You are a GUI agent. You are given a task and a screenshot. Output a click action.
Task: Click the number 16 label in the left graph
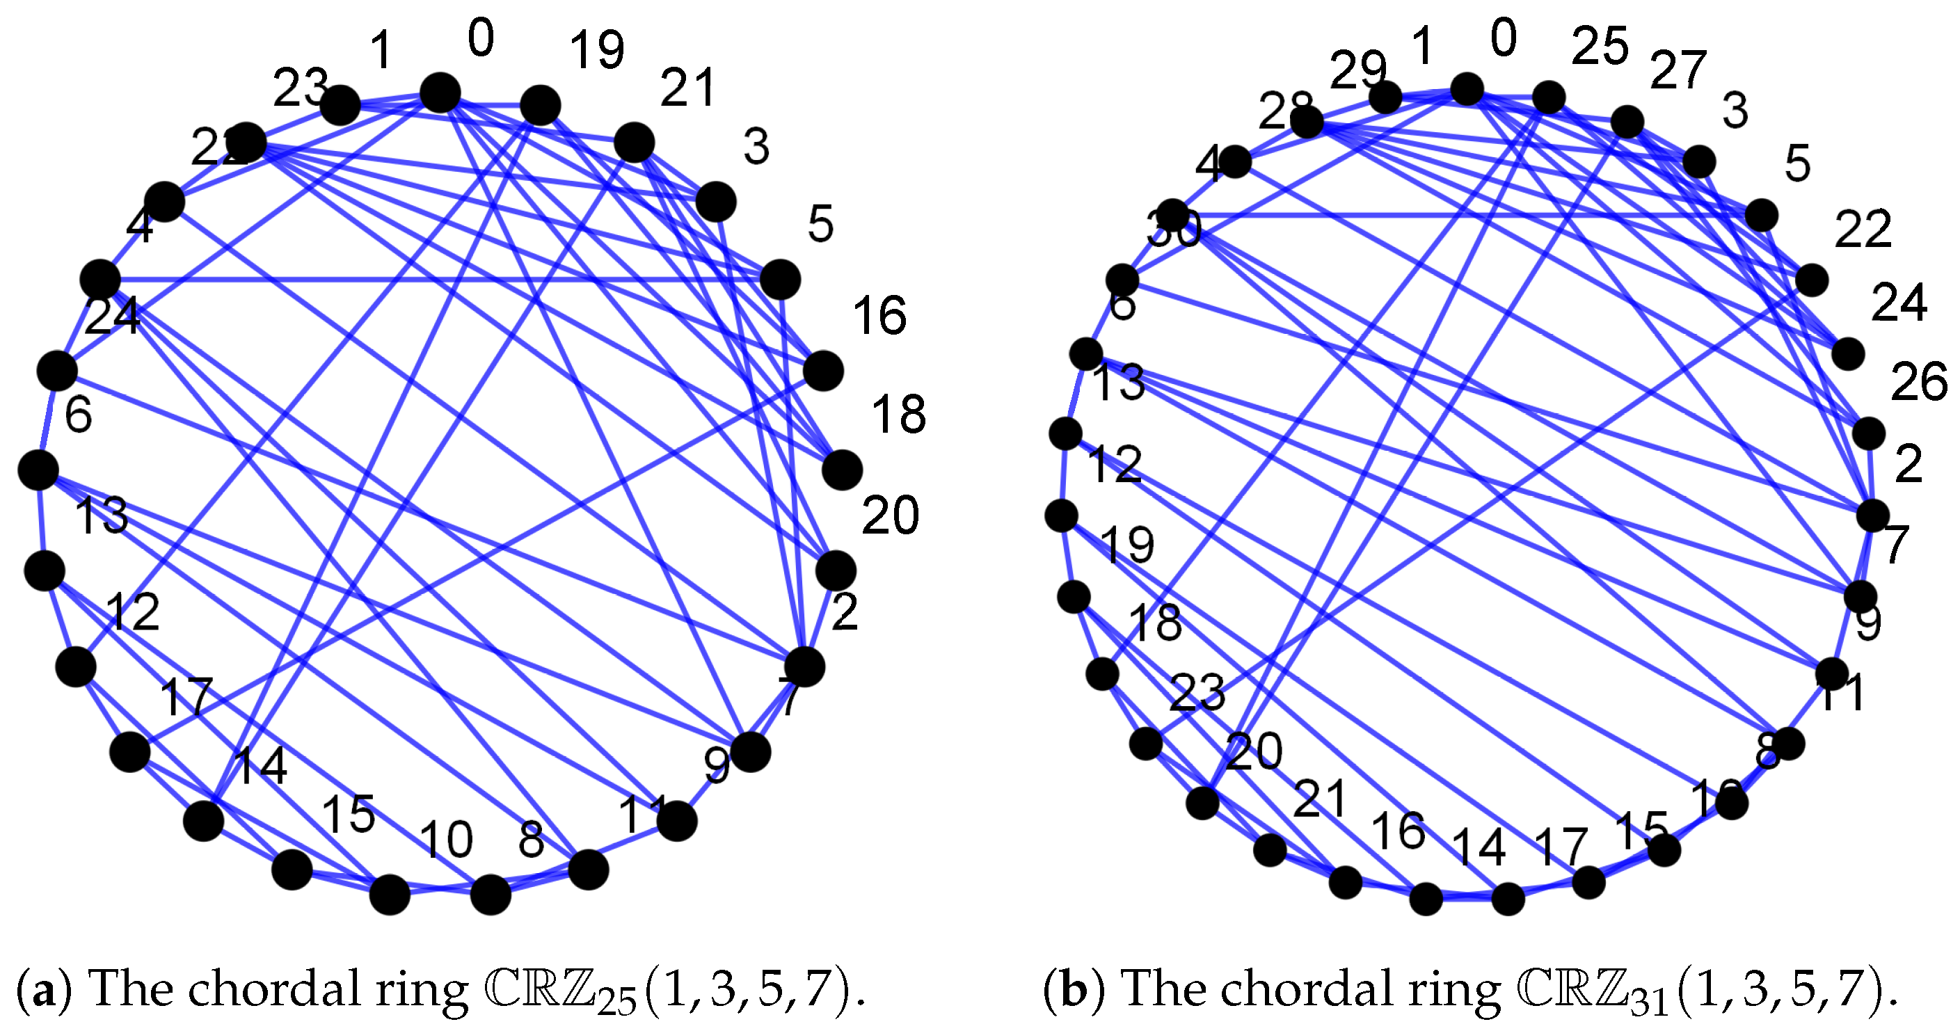(x=879, y=315)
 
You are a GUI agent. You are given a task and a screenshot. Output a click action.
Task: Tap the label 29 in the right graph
(x=1358, y=70)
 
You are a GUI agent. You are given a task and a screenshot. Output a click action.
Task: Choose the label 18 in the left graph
(x=898, y=415)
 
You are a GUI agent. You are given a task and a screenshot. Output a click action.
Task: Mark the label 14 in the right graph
(x=1479, y=847)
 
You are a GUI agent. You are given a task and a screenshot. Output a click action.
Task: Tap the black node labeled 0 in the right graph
(x=1467, y=89)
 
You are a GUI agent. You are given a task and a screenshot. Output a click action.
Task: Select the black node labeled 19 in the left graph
(x=540, y=106)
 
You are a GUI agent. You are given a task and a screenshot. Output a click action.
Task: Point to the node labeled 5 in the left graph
(x=780, y=279)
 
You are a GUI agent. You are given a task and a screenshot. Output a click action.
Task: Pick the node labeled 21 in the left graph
(x=634, y=143)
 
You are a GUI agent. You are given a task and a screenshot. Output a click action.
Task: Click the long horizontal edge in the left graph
(x=441, y=279)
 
